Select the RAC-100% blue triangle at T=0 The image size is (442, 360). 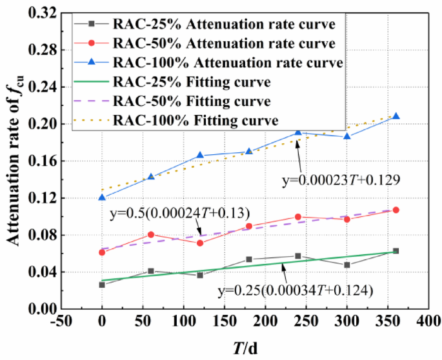[x=102, y=197]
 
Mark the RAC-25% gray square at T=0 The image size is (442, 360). [x=102, y=285]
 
